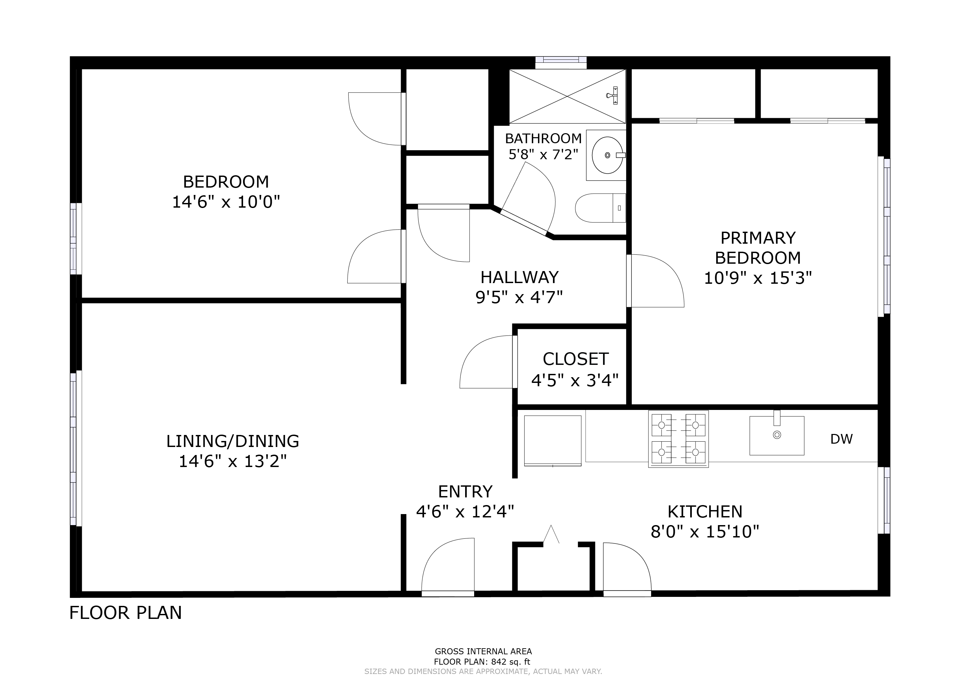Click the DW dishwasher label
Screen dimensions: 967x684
[841, 439]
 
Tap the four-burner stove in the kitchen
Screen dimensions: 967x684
[679, 439]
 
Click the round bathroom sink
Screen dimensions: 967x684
[607, 155]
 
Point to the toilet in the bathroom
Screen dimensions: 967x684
[601, 208]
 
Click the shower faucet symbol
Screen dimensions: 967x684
[613, 95]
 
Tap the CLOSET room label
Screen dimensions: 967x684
[575, 359]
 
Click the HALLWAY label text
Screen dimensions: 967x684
[519, 277]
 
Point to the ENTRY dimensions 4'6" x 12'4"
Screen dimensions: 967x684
[465, 512]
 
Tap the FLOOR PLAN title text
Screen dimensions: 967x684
[126, 613]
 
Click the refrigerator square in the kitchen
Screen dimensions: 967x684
[553, 441]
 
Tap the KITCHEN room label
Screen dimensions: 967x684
[705, 512]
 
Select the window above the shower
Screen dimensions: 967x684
[561, 63]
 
